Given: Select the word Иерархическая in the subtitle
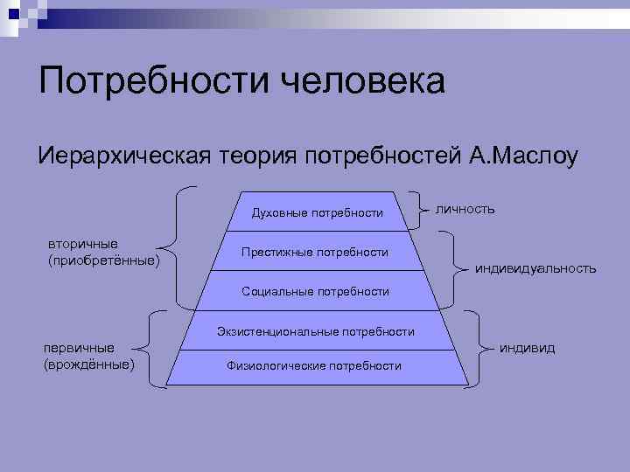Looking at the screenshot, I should [x=122, y=157].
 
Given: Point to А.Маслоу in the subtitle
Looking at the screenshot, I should [x=523, y=157].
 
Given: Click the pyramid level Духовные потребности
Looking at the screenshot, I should [x=317, y=212].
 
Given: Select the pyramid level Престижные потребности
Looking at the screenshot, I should [x=315, y=252].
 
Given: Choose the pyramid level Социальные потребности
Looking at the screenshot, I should [x=315, y=291].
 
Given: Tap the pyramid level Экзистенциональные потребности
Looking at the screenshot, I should [x=316, y=331].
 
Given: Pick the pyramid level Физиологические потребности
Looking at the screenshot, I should [x=314, y=365].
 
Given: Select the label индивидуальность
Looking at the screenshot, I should [x=535, y=268].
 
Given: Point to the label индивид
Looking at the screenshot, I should [x=527, y=348].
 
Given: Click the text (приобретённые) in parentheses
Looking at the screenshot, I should [x=104, y=260].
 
